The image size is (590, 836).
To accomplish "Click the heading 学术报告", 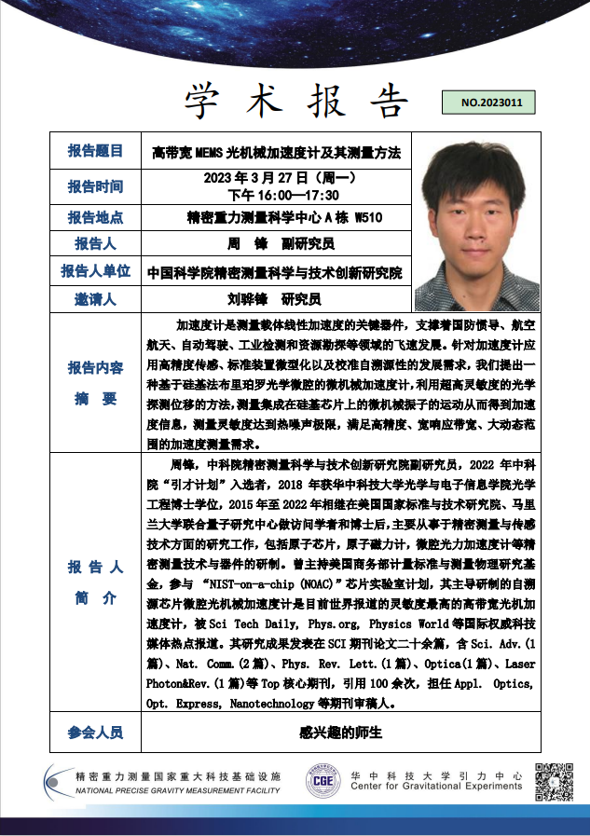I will click(x=296, y=100).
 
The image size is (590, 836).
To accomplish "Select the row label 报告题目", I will click(x=95, y=151).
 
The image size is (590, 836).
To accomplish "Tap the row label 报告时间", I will click(x=95, y=185).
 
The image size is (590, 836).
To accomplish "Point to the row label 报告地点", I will click(x=95, y=218).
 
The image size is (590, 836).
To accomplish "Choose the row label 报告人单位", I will click(x=95, y=271).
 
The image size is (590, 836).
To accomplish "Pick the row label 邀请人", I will click(x=95, y=299).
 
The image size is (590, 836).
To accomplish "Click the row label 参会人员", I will click(x=95, y=733).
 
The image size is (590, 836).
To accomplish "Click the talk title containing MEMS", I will click(x=276, y=151).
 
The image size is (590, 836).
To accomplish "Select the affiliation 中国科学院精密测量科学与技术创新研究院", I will click(x=275, y=273).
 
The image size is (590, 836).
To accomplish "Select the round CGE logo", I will click(x=323, y=780).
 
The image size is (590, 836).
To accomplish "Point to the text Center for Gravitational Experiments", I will click(x=436, y=787).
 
